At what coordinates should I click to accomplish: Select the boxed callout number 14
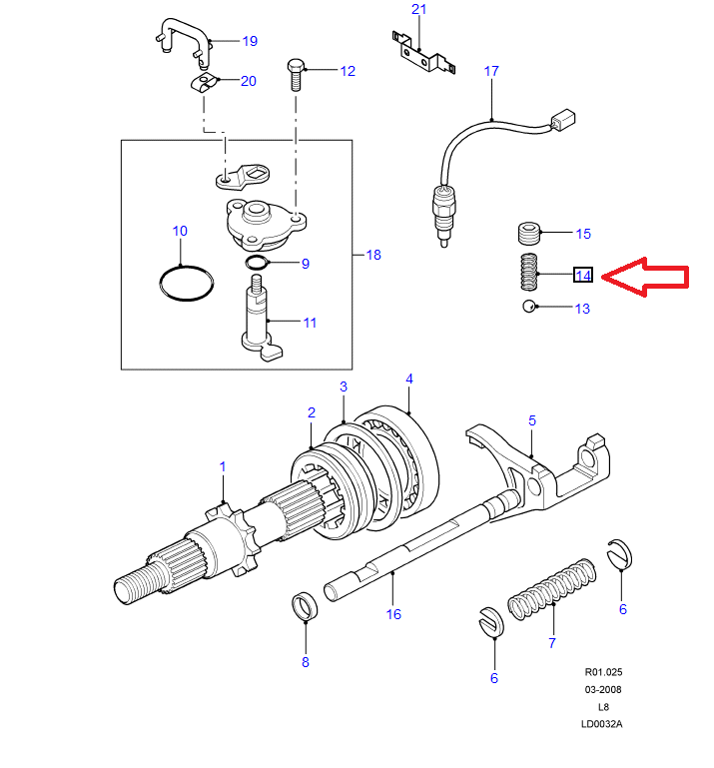tap(583, 275)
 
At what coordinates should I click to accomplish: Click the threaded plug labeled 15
tap(530, 235)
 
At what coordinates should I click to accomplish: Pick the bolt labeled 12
tap(297, 75)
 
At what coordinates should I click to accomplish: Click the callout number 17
tap(490, 71)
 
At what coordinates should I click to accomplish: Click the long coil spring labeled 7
tap(548, 593)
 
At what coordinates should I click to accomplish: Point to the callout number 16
tap(393, 614)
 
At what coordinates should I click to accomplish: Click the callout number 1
tap(223, 466)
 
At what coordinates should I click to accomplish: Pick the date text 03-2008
tap(602, 690)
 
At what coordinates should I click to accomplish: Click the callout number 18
tap(372, 255)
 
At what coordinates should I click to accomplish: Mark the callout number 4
tap(408, 379)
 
